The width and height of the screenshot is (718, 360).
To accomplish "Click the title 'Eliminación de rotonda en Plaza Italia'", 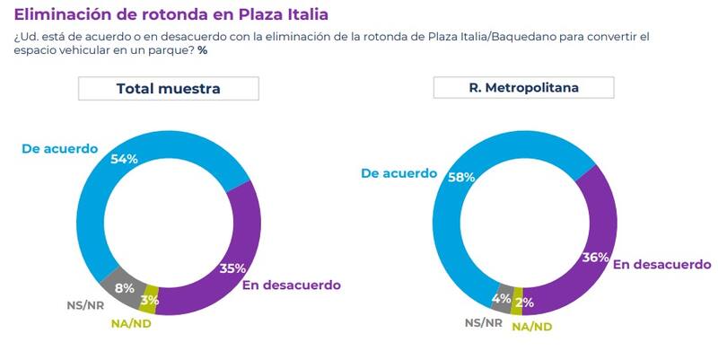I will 171,14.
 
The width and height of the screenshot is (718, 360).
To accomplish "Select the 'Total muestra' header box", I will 169,88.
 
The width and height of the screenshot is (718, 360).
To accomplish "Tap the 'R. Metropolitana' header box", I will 523,87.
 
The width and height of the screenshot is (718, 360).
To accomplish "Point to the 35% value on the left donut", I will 233,268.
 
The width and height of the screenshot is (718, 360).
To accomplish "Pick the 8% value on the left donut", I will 125,289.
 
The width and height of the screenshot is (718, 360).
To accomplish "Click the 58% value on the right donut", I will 460,177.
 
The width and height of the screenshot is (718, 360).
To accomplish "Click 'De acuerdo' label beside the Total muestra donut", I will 59,148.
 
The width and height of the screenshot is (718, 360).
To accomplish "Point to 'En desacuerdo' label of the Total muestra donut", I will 292,285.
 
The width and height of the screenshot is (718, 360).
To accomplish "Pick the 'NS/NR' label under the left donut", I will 85,304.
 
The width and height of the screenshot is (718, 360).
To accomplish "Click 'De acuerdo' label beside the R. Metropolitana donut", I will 398,173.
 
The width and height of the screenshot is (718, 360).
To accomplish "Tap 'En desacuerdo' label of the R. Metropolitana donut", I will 662,264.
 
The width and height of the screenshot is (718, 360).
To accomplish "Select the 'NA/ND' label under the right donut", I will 531,326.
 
